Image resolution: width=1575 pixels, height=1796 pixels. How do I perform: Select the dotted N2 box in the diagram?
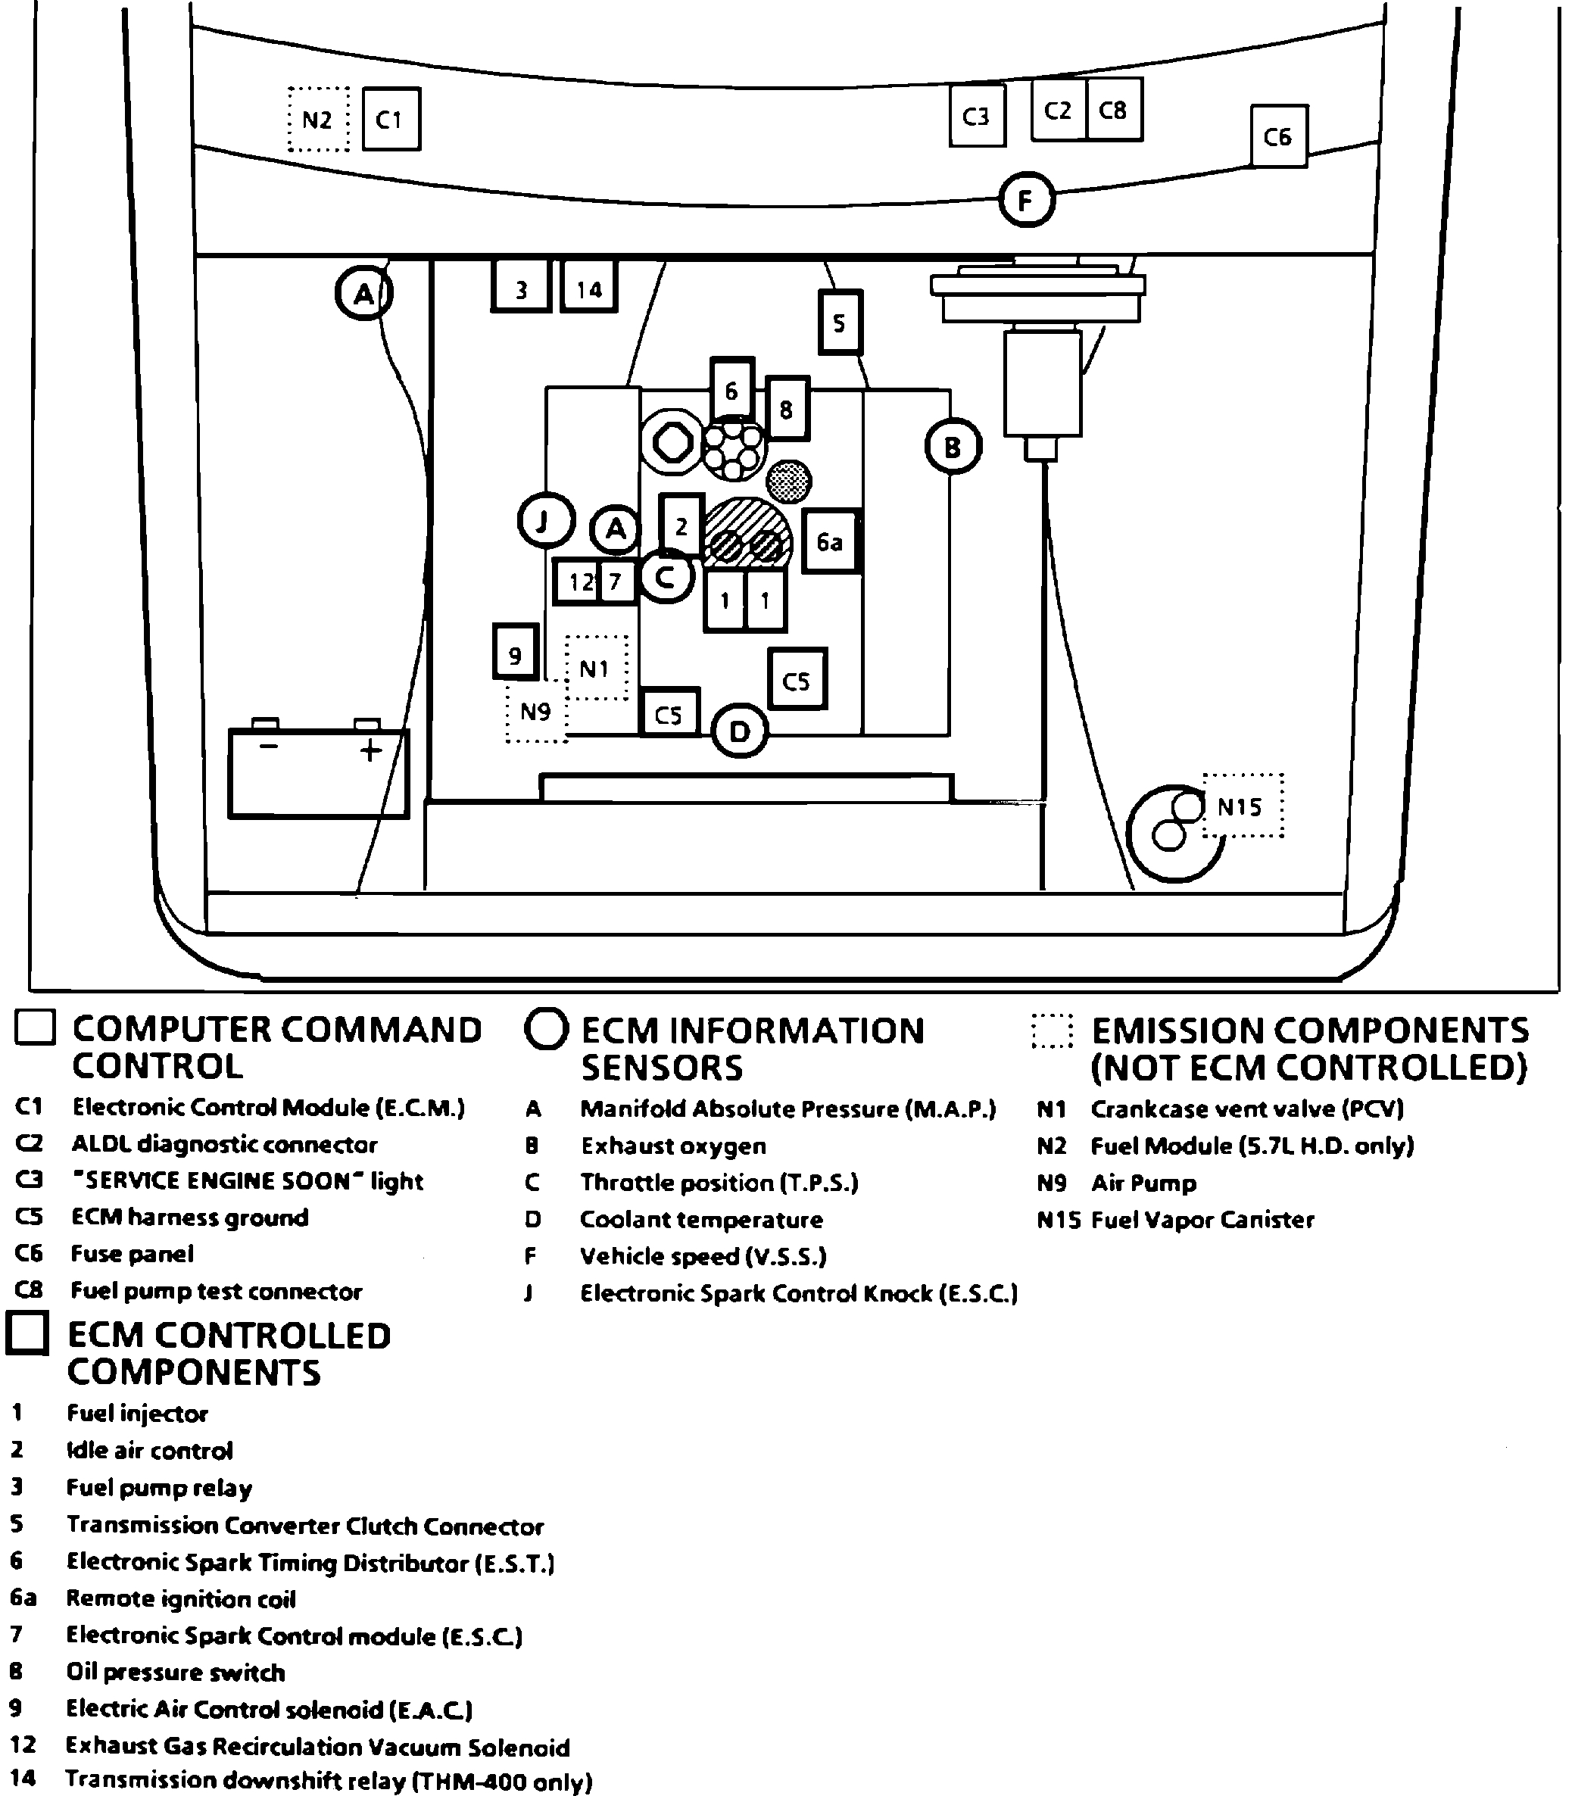[318, 120]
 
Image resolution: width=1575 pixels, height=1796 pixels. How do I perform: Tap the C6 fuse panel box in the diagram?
[1278, 136]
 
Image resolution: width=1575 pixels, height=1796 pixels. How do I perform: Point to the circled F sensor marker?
[1026, 201]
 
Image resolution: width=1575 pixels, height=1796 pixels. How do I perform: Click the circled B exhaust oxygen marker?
[953, 447]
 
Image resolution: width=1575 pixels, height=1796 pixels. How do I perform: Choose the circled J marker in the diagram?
[545, 521]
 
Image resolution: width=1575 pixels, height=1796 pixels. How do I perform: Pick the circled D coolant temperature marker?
[739, 731]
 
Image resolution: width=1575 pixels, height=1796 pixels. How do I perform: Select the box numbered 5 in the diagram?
[839, 323]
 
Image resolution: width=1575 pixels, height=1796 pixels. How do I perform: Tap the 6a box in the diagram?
[830, 541]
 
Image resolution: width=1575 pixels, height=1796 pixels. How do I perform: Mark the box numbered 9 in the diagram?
[515, 652]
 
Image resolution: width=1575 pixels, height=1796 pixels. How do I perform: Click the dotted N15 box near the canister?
[1241, 806]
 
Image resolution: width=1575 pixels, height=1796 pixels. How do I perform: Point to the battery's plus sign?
[371, 750]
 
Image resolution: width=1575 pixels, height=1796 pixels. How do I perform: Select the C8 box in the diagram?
[1114, 110]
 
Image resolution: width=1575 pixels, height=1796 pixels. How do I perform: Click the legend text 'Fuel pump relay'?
[159, 1488]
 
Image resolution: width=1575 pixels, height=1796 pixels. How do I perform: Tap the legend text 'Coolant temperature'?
[700, 1220]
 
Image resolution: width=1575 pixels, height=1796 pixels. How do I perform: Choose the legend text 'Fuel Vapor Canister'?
[1202, 1220]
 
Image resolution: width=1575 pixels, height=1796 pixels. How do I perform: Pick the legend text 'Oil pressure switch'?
[176, 1672]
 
